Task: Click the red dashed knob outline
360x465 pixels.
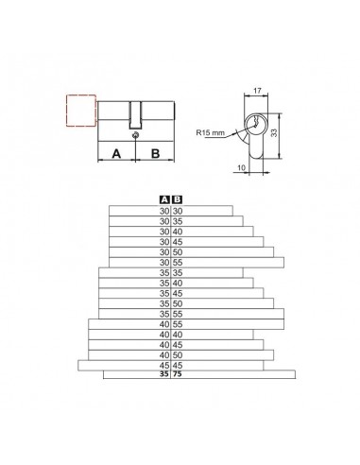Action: point(66,111)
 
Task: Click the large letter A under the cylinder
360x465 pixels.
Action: point(116,154)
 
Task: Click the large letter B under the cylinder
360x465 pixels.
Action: point(155,154)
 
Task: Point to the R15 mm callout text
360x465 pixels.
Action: point(210,132)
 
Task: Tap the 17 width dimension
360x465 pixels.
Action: point(257,91)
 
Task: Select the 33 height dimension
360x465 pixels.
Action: point(274,132)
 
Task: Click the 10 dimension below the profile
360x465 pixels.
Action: point(241,168)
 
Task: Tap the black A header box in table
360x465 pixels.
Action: point(164,199)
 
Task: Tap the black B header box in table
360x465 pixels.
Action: point(178,199)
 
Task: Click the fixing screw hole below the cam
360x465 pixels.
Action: point(136,135)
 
